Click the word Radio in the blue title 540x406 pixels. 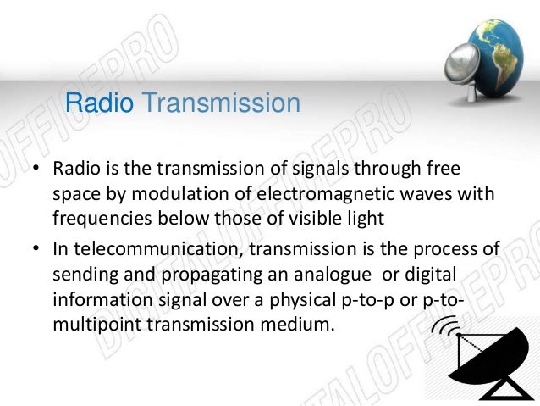[x=100, y=104]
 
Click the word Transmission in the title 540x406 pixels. [x=221, y=104]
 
